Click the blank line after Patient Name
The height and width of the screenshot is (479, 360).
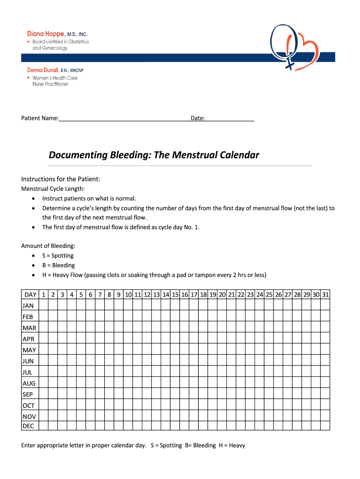[124, 118]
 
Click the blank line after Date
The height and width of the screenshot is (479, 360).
[230, 118]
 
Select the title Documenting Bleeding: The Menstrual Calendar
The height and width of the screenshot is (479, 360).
[154, 155]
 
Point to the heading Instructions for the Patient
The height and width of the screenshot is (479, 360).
[61, 179]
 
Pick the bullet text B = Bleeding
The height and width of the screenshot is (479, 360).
[58, 265]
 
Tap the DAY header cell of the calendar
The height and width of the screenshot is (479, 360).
[30, 295]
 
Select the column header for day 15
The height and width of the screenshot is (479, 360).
[175, 295]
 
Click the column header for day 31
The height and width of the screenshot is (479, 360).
[325, 295]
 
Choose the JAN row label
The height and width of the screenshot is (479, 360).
[28, 305]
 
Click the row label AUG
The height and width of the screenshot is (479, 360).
[29, 383]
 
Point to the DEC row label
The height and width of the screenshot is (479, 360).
[28, 426]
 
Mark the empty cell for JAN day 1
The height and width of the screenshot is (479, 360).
[43, 305]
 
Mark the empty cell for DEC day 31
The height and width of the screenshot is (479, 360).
[325, 426]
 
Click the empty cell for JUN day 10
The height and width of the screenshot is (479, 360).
[128, 361]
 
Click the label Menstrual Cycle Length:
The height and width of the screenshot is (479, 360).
[53, 189]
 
